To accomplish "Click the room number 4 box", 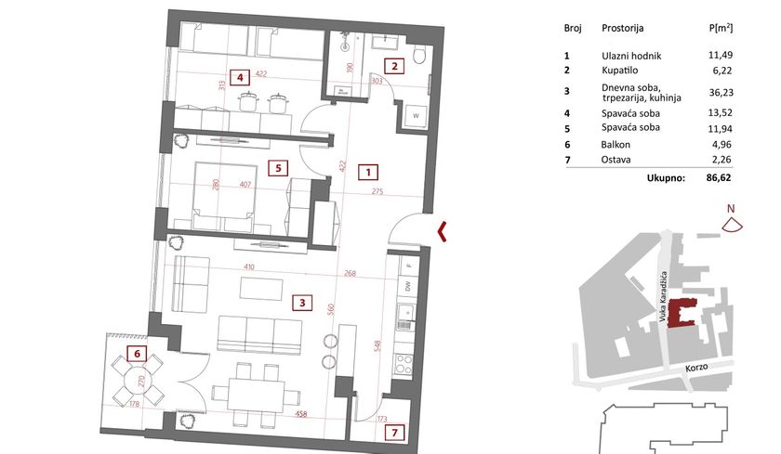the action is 240,78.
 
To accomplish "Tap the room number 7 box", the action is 394,433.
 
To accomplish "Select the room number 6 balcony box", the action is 137,354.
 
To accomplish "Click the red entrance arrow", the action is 442,232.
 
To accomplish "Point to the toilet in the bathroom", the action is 420,55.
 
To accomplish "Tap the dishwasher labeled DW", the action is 408,286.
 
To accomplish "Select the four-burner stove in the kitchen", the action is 404,364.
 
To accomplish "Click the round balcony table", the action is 139,381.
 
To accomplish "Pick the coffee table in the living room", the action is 261,289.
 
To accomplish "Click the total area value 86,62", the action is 719,177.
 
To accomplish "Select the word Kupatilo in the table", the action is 619,71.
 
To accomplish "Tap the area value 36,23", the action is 721,93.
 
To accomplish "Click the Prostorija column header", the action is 623,28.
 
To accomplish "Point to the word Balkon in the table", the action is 616,145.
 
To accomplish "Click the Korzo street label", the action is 696,368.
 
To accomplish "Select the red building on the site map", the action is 681,313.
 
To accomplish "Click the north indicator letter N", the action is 731,209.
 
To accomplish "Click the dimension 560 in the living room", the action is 331,310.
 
